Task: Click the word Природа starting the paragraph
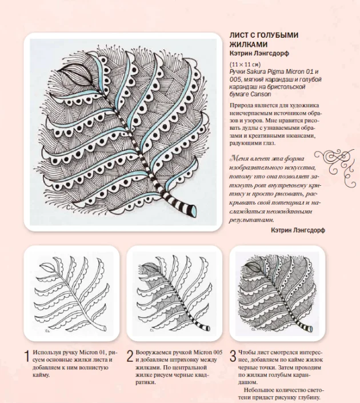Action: click(242, 106)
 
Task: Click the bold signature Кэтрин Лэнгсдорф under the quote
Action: click(297, 230)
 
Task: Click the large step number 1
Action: click(26, 358)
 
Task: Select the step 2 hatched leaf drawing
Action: click(174, 295)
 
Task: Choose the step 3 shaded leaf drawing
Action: click(277, 295)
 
